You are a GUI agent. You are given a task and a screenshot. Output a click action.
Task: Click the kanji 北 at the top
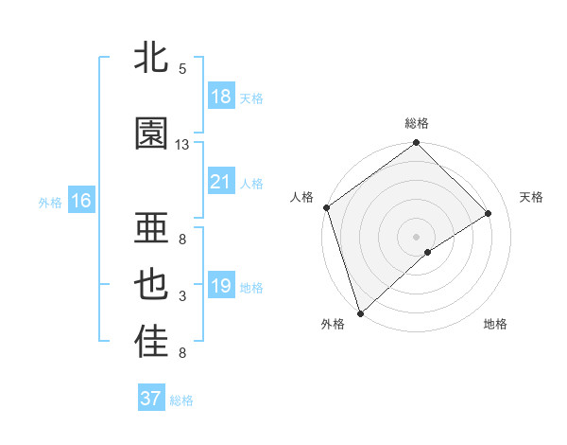151,58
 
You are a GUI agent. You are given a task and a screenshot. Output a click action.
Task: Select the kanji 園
151,133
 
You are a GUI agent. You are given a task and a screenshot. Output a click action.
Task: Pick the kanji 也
151,285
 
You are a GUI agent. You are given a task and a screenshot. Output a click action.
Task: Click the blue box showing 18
221,97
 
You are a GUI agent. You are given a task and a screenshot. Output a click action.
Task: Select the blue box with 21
221,182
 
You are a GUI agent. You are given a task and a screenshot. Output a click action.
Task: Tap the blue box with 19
221,286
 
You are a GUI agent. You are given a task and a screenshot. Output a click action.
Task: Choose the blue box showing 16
81,201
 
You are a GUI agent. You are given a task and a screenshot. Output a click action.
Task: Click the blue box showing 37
151,399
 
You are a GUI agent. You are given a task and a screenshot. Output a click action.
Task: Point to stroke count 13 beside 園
182,145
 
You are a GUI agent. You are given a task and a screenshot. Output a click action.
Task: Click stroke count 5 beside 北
182,69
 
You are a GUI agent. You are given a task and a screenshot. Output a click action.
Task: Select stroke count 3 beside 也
182,297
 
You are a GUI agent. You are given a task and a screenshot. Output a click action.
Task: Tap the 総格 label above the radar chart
417,123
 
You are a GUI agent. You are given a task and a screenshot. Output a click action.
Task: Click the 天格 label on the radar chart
531,197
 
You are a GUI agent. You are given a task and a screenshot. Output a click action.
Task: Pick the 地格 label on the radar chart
495,324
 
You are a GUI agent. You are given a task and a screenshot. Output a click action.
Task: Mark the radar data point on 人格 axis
326,207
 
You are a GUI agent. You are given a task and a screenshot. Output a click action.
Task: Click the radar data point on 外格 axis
360,312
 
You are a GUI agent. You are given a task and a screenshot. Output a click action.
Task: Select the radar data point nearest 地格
428,252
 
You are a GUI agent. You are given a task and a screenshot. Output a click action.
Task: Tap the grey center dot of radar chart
416,235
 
